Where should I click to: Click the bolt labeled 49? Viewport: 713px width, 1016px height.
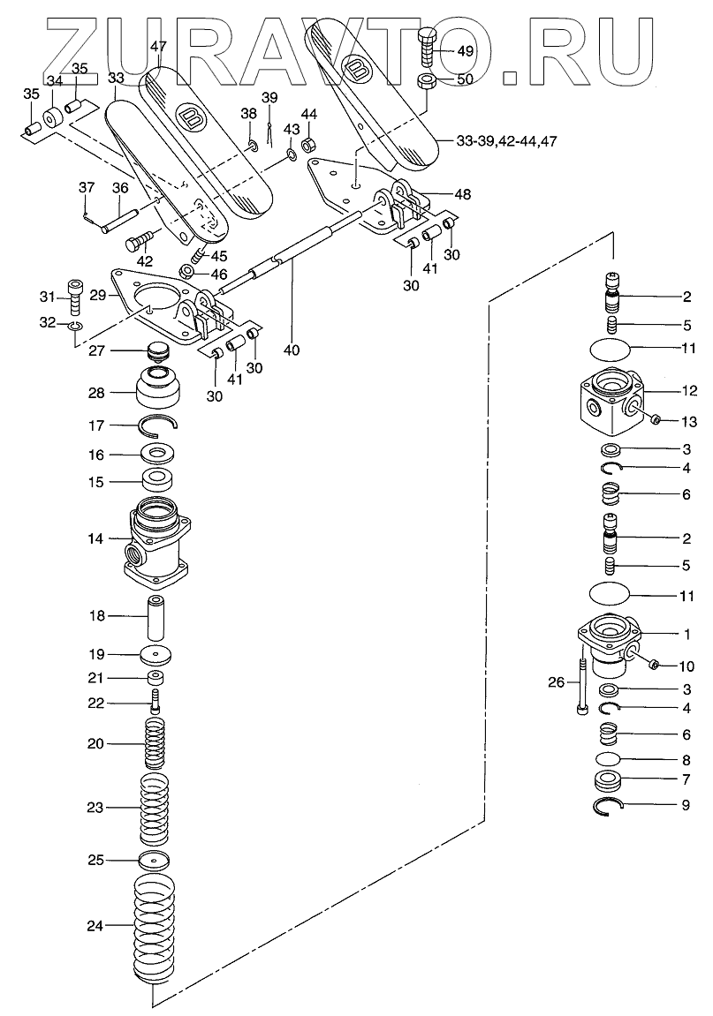point(428,48)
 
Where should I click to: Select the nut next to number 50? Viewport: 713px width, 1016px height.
point(425,82)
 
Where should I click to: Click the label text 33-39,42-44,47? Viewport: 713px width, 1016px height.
point(506,141)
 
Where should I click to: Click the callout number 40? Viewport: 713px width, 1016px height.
point(292,350)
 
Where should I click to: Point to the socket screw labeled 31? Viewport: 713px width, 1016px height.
point(75,296)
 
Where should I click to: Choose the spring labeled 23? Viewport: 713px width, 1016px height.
point(155,808)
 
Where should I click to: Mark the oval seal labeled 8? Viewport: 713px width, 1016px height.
point(611,758)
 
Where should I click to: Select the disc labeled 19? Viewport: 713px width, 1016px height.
point(155,655)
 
